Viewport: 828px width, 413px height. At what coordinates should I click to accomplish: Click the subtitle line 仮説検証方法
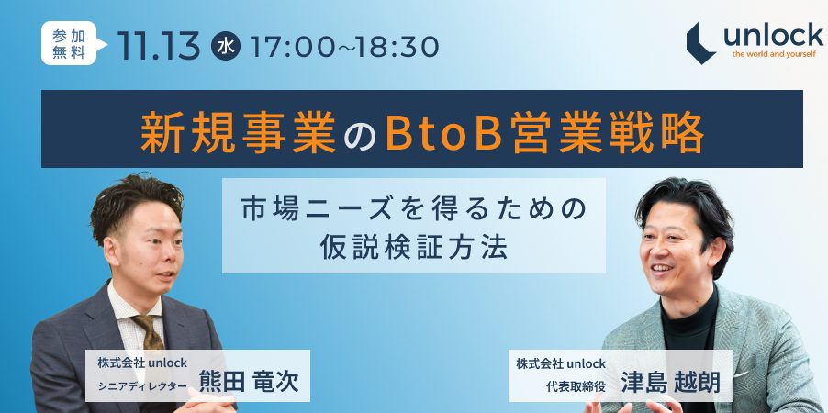(x=414, y=248)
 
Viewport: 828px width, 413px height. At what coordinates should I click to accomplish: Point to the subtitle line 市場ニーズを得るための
(x=414, y=207)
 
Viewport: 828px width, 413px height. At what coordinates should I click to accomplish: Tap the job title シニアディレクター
(x=142, y=385)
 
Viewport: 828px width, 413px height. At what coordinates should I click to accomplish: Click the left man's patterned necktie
(x=148, y=336)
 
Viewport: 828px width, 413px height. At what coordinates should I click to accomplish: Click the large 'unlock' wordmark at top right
(x=773, y=34)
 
